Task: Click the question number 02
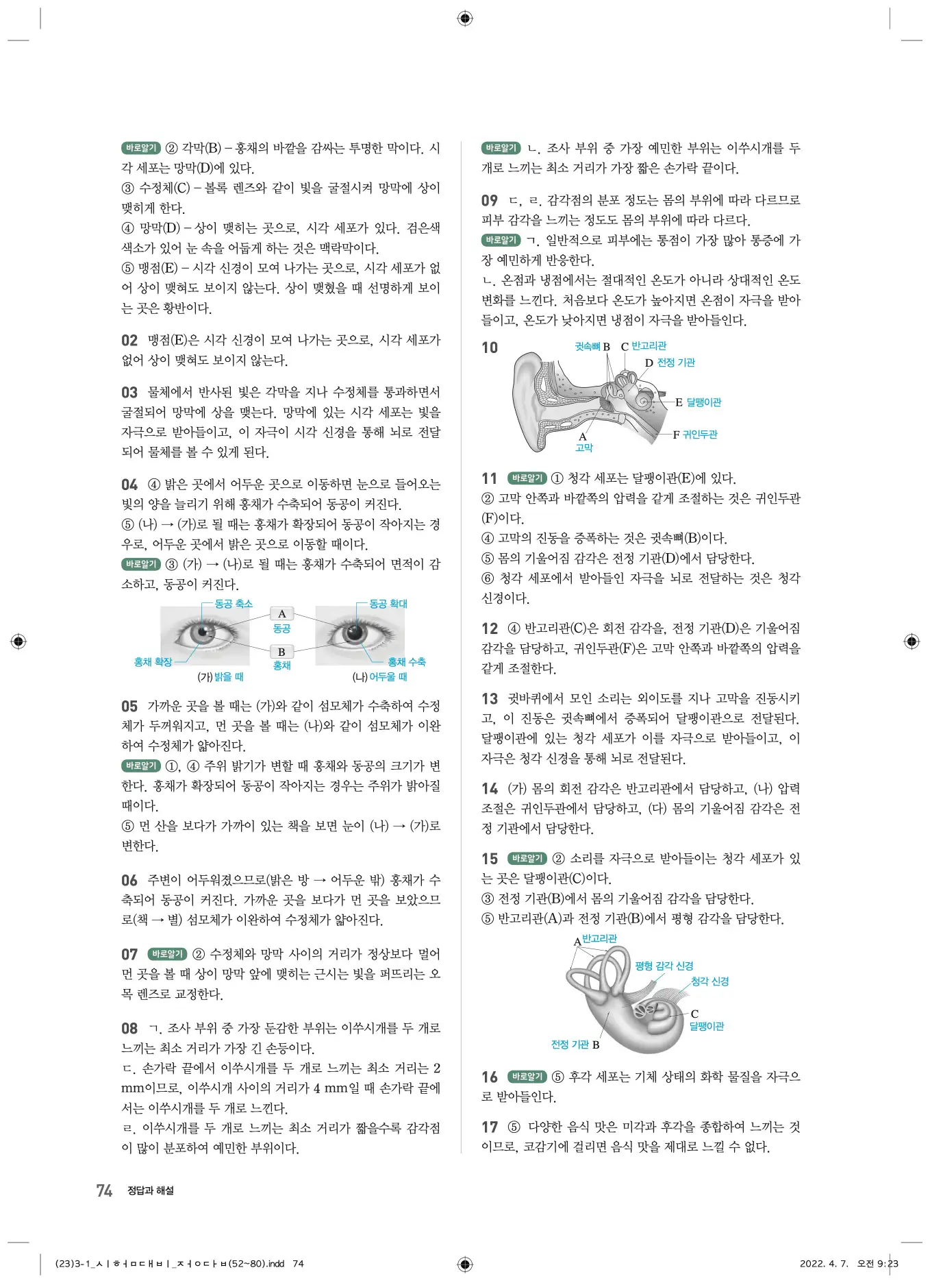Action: tap(129, 341)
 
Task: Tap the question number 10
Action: tap(490, 348)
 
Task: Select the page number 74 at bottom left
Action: tap(104, 1190)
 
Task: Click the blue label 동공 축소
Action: tap(234, 604)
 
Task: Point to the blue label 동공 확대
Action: tap(388, 604)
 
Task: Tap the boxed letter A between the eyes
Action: tap(281, 614)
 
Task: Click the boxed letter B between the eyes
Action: tap(281, 652)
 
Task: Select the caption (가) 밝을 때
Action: tap(221, 677)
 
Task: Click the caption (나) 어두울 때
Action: tap(379, 677)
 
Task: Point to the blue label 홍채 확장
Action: tap(153, 662)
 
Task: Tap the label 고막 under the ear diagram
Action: tap(584, 448)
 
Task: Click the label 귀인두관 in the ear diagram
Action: tap(700, 435)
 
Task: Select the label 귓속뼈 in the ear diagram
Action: tap(588, 347)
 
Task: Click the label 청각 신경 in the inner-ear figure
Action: tap(709, 981)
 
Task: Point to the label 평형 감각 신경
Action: tap(664, 966)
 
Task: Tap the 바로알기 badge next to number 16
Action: tap(527, 1077)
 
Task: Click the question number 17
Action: tap(490, 1127)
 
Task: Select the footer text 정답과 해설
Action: tap(151, 1191)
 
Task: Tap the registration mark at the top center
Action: tap(465, 19)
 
